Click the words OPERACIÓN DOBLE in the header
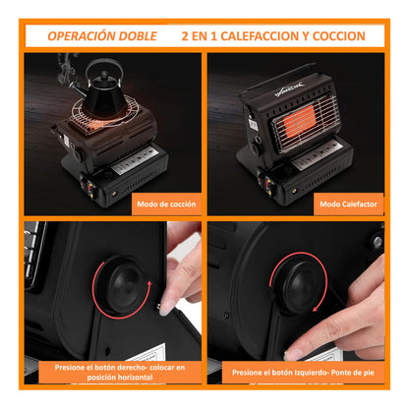pos(102,36)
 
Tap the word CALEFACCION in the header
pos(260,36)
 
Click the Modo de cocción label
pos(166,204)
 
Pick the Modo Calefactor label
pos(348,204)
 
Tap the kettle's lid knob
pos(104,76)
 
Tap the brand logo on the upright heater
pos(289,89)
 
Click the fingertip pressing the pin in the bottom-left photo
pos(166,307)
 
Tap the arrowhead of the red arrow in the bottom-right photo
pos(316,308)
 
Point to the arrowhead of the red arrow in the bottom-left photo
pos(149,283)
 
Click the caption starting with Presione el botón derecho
pos(120,372)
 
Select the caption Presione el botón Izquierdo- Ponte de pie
pos(303,373)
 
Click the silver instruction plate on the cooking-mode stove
pos(134,160)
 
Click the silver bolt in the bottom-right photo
pos(378,243)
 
